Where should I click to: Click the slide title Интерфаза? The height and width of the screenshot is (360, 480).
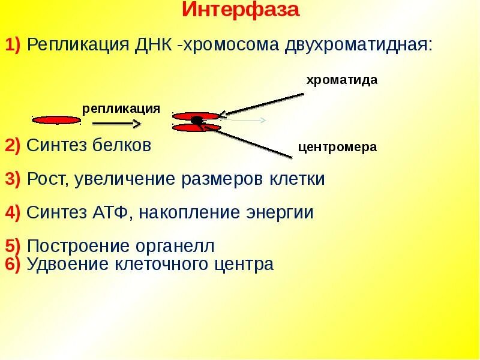(x=240, y=10)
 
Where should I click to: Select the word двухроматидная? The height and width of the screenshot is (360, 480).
(x=358, y=45)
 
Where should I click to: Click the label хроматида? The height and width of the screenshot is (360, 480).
(x=342, y=80)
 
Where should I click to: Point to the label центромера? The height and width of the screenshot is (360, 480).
(x=338, y=147)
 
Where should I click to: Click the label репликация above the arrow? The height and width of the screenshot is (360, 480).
(x=121, y=108)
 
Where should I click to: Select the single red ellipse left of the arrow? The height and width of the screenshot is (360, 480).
(x=56, y=120)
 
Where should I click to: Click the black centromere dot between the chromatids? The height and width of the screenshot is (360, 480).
(x=196, y=121)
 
